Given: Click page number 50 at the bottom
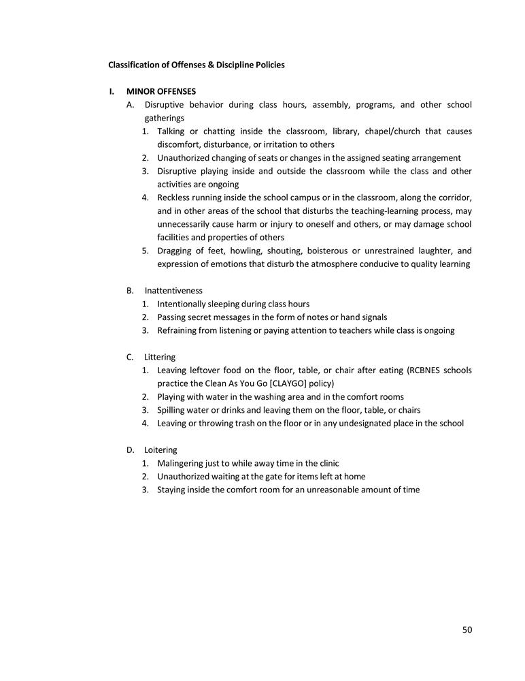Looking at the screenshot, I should (x=467, y=629).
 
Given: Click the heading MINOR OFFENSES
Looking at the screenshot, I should (x=161, y=91).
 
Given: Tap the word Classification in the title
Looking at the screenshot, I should (x=135, y=65).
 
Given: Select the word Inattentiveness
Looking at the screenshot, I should (x=173, y=290).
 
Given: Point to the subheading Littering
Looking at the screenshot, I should (x=160, y=357).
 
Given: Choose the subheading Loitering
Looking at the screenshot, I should (x=160, y=449).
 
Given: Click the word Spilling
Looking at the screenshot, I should (x=173, y=410).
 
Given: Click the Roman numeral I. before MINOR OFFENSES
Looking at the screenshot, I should (x=112, y=91).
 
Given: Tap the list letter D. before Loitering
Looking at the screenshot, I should (x=130, y=449).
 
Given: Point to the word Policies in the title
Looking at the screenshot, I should (x=268, y=65).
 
